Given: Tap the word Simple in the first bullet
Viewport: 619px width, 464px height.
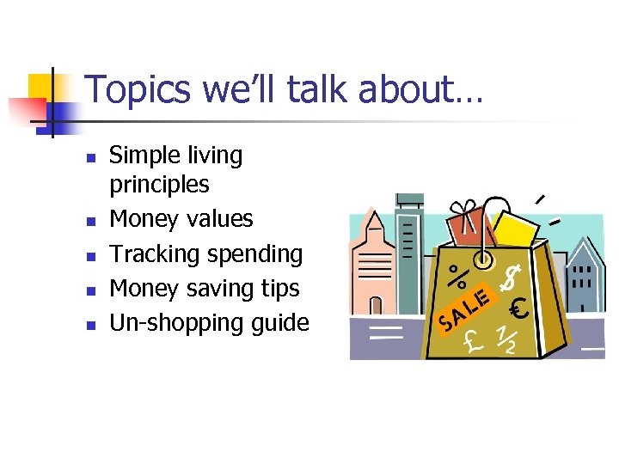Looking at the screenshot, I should pos(141,156).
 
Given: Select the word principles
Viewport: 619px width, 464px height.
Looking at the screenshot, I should pos(159,185).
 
